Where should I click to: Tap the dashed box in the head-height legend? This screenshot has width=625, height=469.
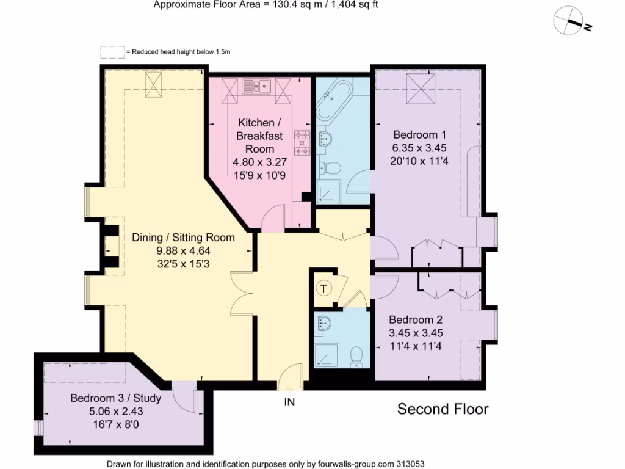coord(112,53)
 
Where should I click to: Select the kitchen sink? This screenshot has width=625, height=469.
coord(256,87)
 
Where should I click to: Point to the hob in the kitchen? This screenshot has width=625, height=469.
coord(302,144)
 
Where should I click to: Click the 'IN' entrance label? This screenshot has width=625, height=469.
coord(289,402)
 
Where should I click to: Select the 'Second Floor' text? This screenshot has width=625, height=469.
coord(443,409)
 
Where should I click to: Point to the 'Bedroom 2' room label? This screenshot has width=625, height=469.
coord(416,320)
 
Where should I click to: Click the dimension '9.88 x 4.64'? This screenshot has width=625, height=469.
coord(183,250)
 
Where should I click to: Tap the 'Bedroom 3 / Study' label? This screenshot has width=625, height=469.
coord(115,399)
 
